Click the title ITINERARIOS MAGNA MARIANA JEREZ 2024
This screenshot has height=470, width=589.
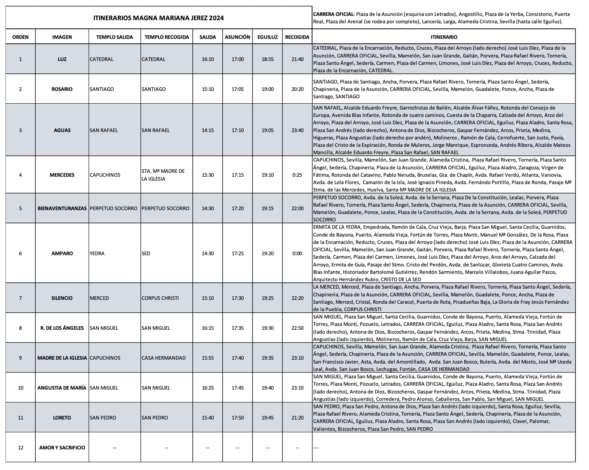[159, 18]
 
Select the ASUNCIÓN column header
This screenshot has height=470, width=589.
[237, 37]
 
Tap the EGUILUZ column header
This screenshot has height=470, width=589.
[267, 37]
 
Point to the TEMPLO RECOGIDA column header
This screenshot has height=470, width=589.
[167, 37]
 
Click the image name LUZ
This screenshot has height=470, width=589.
[62, 59]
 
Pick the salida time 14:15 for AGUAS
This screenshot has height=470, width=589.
[208, 131]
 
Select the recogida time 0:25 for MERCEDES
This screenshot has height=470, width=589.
[297, 175]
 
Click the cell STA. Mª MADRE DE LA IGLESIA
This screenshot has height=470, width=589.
[163, 175]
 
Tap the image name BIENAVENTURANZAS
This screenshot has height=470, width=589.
[62, 209]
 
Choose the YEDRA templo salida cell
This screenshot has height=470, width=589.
[97, 254]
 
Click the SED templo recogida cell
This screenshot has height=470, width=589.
[146, 254]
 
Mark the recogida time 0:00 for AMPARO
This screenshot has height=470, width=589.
[297, 254]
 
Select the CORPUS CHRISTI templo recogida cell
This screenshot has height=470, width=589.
[160, 298]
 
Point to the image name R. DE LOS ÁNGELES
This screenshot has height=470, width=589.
[62, 328]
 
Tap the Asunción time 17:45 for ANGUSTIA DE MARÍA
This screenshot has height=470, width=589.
[237, 388]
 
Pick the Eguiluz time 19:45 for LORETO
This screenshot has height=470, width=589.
[267, 418]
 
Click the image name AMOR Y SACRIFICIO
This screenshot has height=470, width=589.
[62, 448]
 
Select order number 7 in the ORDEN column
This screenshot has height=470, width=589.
[21, 298]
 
